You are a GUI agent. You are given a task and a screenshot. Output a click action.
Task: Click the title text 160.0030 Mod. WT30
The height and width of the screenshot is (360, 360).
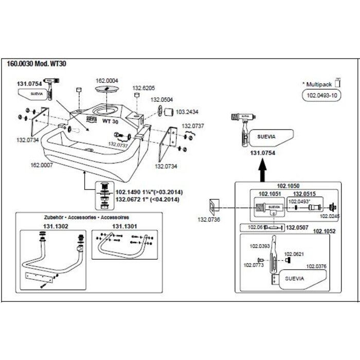(x=37, y=65)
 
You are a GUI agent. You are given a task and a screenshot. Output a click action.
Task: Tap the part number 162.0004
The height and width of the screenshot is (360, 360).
(x=107, y=80)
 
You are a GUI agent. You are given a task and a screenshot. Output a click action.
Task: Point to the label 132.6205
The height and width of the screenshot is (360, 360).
(x=143, y=88)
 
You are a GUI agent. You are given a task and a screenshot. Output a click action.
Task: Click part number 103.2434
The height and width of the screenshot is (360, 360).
(x=187, y=111)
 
